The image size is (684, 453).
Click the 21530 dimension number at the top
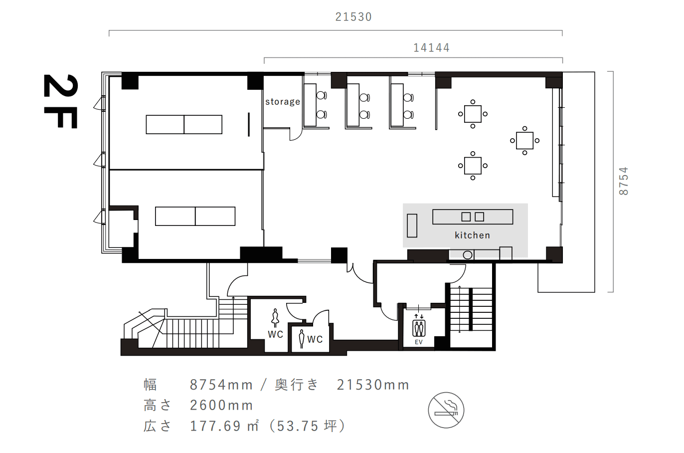tap(353, 17)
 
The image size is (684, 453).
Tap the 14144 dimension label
tap(431, 48)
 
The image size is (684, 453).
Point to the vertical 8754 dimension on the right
tap(623, 181)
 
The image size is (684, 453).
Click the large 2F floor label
tap(60, 101)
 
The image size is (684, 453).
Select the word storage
tap(283, 101)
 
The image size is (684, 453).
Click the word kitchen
tap(473, 235)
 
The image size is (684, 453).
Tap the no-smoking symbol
tap(446, 410)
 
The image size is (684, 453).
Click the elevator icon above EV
tap(419, 328)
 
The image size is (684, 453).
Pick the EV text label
tap(419, 342)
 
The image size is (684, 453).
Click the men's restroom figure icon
tap(302, 339)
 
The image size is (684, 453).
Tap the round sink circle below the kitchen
tap(468, 255)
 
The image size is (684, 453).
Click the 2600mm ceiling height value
tap(221, 406)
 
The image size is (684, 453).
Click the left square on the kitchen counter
tap(466, 217)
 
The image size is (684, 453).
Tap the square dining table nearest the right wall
tap(524, 141)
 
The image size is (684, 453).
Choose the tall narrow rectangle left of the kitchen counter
tap(412, 226)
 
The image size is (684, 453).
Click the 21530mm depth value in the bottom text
tap(373, 385)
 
